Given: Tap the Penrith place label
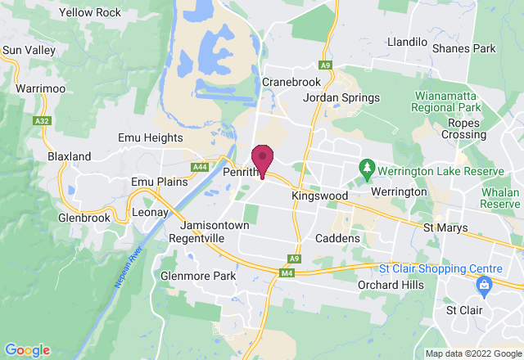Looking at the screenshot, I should [x=241, y=173].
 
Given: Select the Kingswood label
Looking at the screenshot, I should [x=319, y=196].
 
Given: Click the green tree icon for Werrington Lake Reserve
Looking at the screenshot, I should [x=368, y=169].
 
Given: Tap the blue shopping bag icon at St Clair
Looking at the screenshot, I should [x=482, y=285].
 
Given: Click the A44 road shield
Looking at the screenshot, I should [x=199, y=167].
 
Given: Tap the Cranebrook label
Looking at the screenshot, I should [x=290, y=82].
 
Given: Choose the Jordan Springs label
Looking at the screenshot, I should [x=341, y=98].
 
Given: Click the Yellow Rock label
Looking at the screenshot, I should [x=90, y=13].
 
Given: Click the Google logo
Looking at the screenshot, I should [x=26, y=350].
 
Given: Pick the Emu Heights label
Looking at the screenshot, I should [x=151, y=138].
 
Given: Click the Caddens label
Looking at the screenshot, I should [x=338, y=238].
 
